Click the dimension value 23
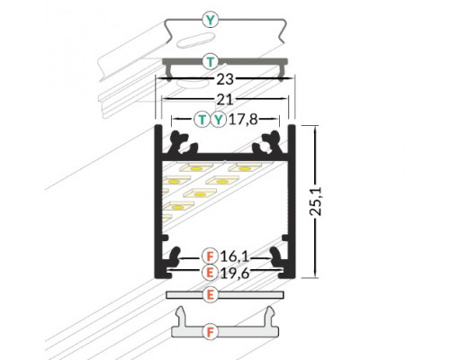(226, 78)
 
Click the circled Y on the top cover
(211, 17)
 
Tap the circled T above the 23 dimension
(211, 61)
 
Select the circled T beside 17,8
(202, 118)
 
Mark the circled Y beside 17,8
(218, 118)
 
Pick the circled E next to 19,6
(210, 270)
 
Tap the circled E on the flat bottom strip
(210, 294)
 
